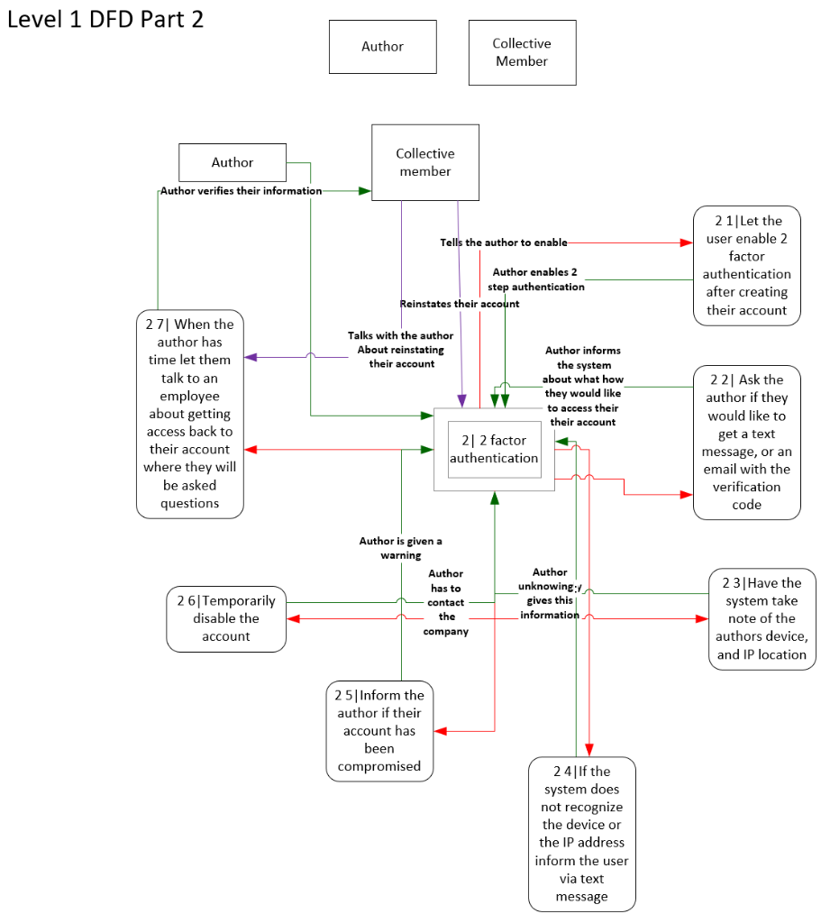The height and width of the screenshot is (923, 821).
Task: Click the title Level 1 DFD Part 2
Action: click(x=105, y=19)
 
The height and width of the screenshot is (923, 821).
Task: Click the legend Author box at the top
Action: click(x=382, y=47)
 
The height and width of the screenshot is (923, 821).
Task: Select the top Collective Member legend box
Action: click(x=522, y=53)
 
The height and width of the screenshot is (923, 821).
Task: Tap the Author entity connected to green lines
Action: click(x=233, y=163)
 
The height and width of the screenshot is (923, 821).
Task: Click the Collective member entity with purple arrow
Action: click(x=425, y=162)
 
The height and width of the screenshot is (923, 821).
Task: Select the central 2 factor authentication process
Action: click(x=494, y=449)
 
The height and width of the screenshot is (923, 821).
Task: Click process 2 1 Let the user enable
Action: click(x=746, y=265)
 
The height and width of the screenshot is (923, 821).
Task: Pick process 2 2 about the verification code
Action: click(x=746, y=442)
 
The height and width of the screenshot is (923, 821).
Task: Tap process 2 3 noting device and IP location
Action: click(x=762, y=618)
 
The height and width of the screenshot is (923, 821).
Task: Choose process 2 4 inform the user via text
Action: click(x=581, y=834)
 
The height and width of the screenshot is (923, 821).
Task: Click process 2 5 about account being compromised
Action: click(x=379, y=730)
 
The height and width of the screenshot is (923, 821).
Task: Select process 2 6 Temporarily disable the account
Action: click(x=226, y=618)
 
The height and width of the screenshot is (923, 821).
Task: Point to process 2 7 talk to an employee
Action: click(x=190, y=414)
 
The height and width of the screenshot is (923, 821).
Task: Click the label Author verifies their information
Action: click(x=241, y=191)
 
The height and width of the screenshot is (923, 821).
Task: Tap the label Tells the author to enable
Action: click(x=504, y=242)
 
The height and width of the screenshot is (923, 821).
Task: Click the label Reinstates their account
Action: click(x=460, y=304)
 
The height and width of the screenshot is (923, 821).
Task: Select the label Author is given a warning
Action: click(x=401, y=548)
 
